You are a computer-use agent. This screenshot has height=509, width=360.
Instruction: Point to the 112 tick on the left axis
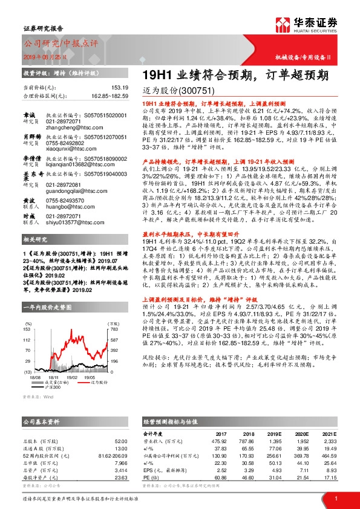[x=29, y=340]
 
